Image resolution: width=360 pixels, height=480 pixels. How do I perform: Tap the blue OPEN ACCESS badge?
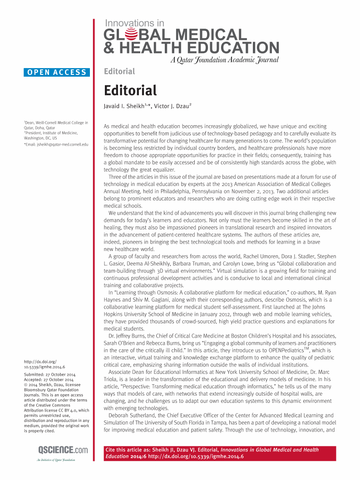[x=57, y=72]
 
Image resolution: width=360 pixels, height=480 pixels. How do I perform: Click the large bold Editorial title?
[x=130, y=90]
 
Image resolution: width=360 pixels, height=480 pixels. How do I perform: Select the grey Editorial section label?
[x=119, y=71]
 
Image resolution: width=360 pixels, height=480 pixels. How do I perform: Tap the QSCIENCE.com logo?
[x=56, y=450]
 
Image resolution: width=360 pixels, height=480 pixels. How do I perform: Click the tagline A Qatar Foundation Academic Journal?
[x=224, y=60]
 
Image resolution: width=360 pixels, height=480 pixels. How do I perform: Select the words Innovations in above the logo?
[x=134, y=23]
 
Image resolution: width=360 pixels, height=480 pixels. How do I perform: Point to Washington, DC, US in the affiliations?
[x=40, y=137]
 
